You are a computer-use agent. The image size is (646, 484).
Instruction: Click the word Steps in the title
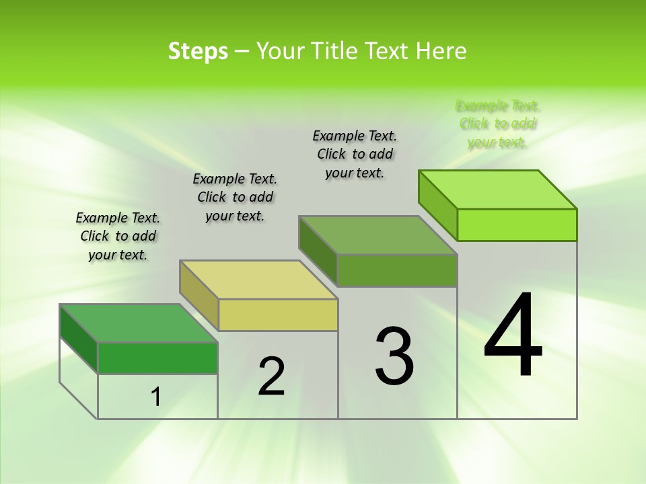point(198,51)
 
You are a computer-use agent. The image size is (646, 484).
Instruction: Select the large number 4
point(513,336)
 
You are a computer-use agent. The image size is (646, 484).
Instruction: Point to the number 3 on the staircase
point(394,356)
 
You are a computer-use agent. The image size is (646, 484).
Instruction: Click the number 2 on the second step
point(271,376)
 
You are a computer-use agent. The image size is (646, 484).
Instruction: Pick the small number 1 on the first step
point(156,397)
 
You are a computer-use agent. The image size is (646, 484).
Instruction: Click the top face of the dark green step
point(138,323)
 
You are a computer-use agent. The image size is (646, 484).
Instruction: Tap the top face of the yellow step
point(258,280)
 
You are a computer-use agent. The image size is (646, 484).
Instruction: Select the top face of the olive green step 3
point(378,235)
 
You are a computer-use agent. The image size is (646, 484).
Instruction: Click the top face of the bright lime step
point(498,190)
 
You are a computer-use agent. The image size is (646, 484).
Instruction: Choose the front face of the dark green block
point(158,358)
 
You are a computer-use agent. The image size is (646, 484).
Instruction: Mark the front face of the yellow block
point(278,315)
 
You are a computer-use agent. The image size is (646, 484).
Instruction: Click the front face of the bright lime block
point(517,225)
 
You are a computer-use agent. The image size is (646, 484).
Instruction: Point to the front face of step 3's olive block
point(397,270)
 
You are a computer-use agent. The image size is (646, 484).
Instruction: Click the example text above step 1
point(118,236)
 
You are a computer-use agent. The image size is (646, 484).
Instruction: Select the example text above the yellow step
point(235,197)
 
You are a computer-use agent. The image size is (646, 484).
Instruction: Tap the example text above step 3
point(355,154)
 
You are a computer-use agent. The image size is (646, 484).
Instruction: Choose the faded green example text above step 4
point(498,124)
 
